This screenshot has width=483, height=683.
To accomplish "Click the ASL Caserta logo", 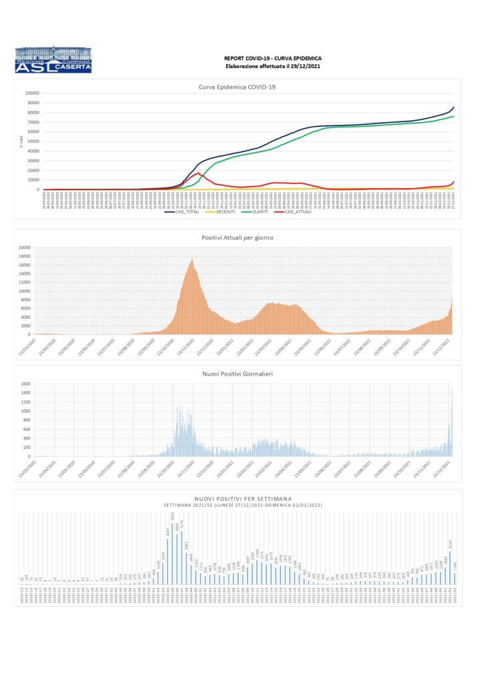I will [53, 59].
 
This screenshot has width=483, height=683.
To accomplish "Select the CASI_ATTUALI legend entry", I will [300, 213].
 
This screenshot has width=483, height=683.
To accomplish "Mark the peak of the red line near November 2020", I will [198, 173].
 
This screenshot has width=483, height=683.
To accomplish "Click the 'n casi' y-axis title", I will [21, 140].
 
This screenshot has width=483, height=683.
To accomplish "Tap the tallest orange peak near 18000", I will [192, 260].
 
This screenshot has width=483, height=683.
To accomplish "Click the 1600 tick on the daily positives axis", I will [25, 384].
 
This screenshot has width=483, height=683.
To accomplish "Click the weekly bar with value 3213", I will [450, 568].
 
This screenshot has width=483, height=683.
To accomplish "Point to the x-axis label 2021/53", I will [455, 596].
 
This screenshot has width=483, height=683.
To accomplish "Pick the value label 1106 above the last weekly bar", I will [455, 565].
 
